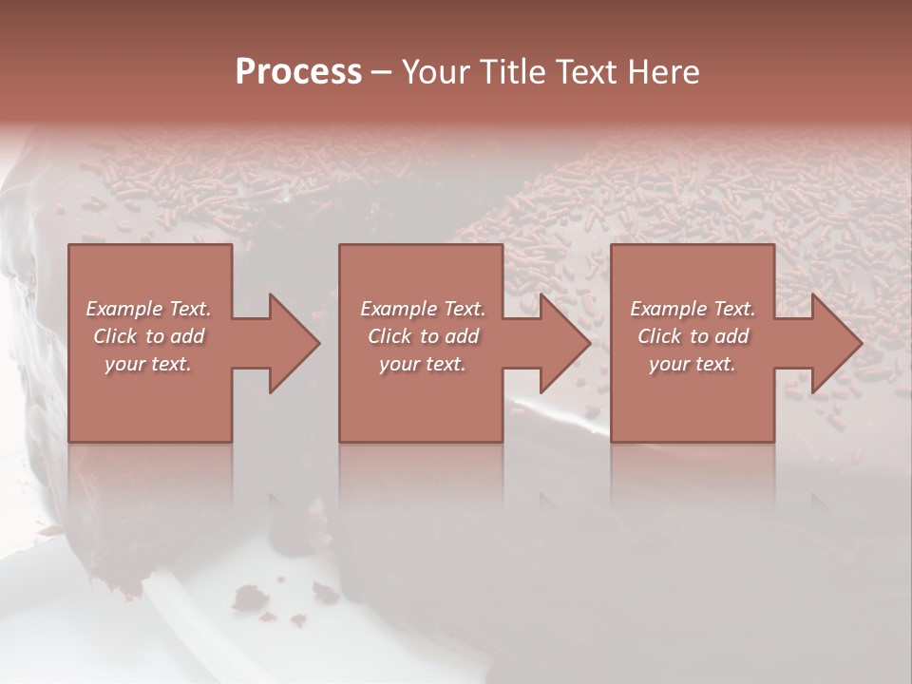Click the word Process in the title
(x=298, y=72)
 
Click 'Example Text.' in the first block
(x=148, y=309)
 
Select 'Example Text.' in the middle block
(x=422, y=309)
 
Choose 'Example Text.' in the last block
(x=693, y=309)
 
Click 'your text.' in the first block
(x=148, y=364)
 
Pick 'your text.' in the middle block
(x=422, y=364)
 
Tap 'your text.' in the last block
(x=693, y=364)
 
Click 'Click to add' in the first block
(x=148, y=336)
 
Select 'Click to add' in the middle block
(x=422, y=336)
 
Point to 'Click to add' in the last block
(x=693, y=336)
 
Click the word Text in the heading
(x=579, y=72)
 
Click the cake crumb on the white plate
(x=251, y=597)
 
